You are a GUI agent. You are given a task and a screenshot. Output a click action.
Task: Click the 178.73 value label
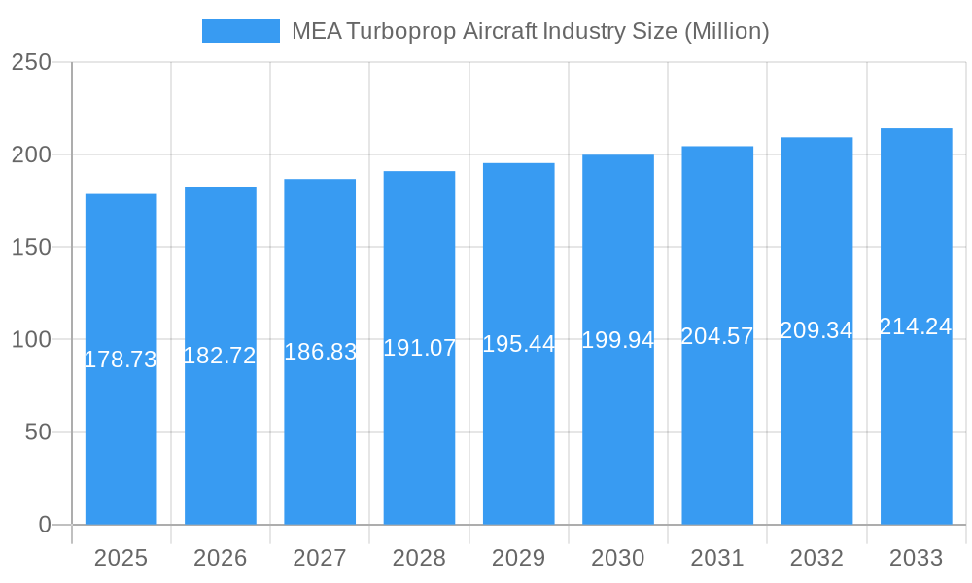pyautogui.click(x=121, y=360)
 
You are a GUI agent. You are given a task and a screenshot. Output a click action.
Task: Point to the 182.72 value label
pyautogui.click(x=220, y=356)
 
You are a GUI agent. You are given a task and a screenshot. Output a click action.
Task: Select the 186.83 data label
pyautogui.click(x=320, y=352)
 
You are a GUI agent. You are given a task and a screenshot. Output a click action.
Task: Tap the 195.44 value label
pyautogui.click(x=519, y=344)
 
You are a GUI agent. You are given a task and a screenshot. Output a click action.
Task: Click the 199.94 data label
pyautogui.click(x=618, y=340)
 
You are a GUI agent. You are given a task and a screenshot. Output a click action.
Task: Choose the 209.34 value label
pyautogui.click(x=816, y=330)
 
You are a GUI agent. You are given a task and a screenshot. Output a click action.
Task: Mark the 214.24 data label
pyautogui.click(x=916, y=326)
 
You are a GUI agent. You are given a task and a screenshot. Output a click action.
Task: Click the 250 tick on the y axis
pyautogui.click(x=31, y=62)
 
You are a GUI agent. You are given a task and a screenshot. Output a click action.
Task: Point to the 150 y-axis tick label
pyautogui.click(x=31, y=247)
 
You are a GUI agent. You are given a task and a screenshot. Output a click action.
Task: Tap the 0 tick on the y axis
pyautogui.click(x=45, y=525)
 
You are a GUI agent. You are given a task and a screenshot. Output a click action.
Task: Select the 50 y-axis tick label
pyautogui.click(x=38, y=432)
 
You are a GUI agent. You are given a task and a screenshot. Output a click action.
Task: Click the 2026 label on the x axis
pyautogui.click(x=220, y=558)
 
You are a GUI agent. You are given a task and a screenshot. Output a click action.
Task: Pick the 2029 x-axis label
pyautogui.click(x=519, y=558)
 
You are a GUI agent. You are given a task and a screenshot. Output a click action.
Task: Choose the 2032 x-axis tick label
pyautogui.click(x=816, y=558)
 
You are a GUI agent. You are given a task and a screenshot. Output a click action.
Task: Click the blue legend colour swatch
pyautogui.click(x=240, y=31)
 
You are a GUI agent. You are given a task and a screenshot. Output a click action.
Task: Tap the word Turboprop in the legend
pyautogui.click(x=399, y=31)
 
